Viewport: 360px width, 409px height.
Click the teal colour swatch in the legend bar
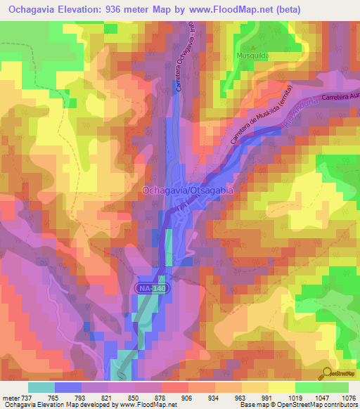click(41, 387)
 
